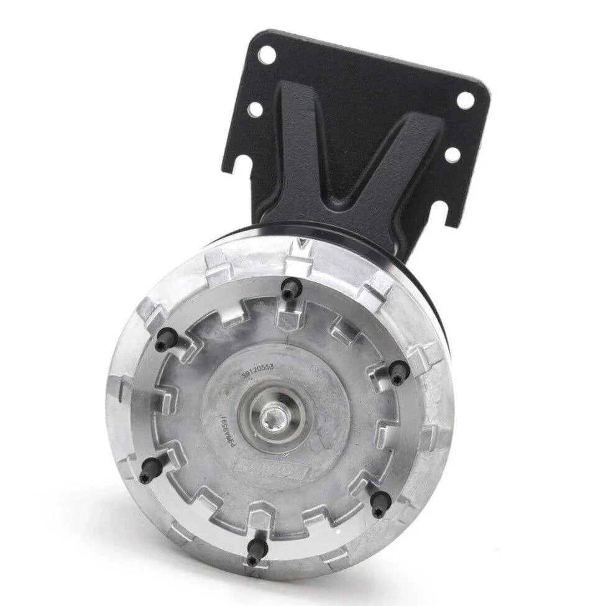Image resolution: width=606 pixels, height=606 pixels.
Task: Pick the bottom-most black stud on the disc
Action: tap(255, 551)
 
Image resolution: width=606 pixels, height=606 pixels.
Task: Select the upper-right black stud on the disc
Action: tap(398, 372)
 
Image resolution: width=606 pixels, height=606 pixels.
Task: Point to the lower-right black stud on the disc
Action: tap(379, 502)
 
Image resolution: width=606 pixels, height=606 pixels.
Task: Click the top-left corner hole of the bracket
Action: tap(267, 54)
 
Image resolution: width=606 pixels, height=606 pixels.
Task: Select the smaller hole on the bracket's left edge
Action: tap(254, 110)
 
